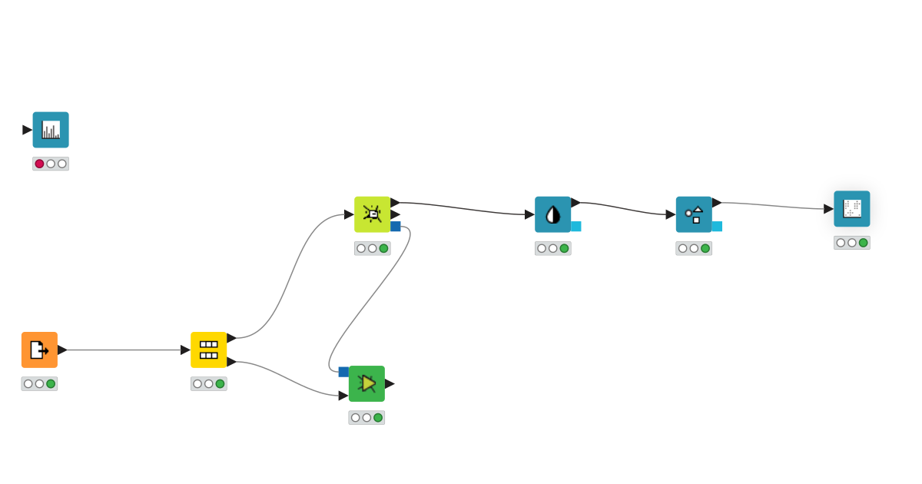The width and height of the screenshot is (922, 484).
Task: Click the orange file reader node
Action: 39,350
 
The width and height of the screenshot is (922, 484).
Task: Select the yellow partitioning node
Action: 208,350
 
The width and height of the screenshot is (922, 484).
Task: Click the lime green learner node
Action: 372,214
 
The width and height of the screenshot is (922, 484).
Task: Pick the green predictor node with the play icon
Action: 366,383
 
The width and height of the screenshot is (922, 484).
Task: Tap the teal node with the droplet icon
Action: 552,214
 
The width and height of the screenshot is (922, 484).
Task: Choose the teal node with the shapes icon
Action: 694,214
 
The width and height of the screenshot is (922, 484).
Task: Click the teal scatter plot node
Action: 851,208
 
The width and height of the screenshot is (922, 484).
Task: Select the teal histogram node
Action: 51,130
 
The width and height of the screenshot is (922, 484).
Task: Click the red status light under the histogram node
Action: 40,164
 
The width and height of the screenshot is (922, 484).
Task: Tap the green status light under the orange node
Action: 51,383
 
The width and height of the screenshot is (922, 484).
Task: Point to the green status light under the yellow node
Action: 220,383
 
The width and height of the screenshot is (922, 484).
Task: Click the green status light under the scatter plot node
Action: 863,243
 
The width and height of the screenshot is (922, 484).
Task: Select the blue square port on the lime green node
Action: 395,227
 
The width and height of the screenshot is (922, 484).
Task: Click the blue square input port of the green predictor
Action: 343,372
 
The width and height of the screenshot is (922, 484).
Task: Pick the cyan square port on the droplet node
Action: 576,227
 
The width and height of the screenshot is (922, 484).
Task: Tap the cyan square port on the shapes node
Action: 717,227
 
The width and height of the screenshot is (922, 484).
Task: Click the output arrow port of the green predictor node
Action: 390,383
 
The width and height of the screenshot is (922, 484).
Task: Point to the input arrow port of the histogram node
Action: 27,130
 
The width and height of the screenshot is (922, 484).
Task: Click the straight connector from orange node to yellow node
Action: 123,350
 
